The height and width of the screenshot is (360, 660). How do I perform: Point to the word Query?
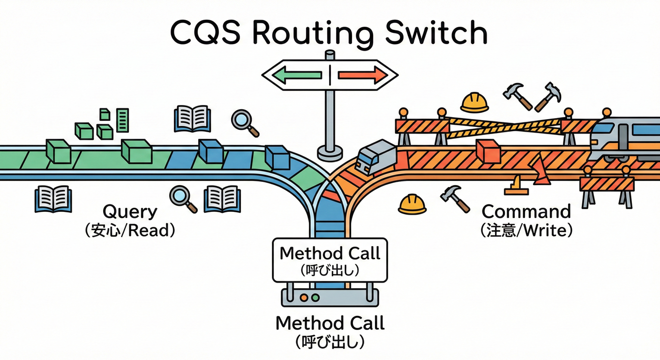point(130,212)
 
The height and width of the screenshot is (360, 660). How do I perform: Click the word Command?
point(526,212)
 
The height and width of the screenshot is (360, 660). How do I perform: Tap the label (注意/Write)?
point(526,231)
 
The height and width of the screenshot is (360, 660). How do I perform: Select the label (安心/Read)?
point(130,231)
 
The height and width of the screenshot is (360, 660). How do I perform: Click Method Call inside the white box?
point(330,253)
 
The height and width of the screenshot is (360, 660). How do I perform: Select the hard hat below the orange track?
point(412,204)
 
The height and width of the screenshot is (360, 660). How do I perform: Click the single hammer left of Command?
point(455,198)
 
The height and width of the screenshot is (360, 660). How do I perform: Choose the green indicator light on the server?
point(315,298)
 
